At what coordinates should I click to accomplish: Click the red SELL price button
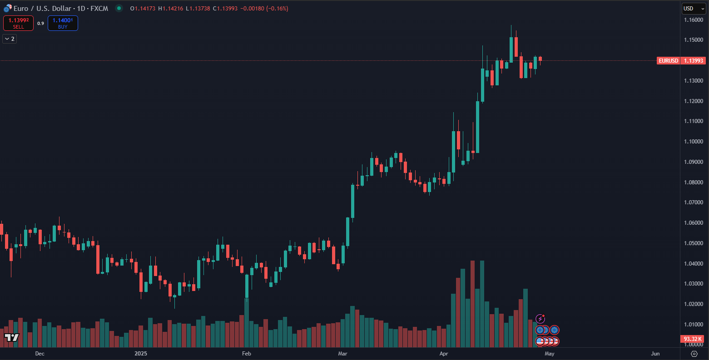tap(18, 23)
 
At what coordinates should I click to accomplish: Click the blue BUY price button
tap(63, 23)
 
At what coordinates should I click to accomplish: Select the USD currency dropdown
tap(694, 9)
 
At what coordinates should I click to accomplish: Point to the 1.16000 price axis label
tap(694, 20)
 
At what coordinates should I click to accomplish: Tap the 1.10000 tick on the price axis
tap(694, 142)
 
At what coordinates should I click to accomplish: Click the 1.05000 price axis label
tap(694, 243)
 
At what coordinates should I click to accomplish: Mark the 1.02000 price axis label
tap(694, 304)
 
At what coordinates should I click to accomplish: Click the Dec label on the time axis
tap(40, 354)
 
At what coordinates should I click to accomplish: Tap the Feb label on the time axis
tap(246, 354)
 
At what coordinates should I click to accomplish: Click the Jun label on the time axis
tap(655, 354)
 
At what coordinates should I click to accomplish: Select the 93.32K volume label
tap(693, 339)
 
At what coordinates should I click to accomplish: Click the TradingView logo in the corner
tap(12, 337)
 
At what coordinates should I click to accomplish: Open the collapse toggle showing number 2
tap(10, 39)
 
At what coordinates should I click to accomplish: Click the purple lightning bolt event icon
tap(540, 319)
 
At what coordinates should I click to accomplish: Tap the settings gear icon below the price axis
tap(694, 354)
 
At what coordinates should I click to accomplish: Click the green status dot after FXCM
tap(119, 8)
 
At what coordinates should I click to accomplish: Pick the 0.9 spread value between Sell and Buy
tap(40, 24)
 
